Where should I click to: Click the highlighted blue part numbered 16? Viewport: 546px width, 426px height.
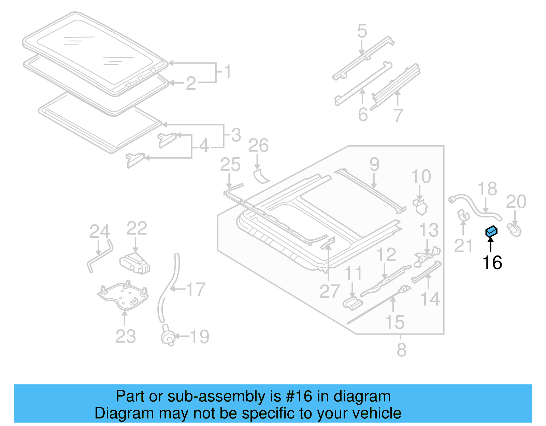491,232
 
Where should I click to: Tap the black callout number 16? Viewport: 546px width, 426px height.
492,263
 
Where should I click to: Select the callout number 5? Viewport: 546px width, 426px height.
362,31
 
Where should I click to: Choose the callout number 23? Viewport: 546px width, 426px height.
126,337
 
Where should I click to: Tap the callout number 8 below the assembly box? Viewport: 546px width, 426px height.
401,350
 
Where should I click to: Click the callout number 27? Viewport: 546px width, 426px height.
329,292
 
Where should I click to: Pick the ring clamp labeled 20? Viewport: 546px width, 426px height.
515,230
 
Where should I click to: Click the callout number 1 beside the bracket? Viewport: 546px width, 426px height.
228,72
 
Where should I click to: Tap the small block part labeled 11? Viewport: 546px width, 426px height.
353,303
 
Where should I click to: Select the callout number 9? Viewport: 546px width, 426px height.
374,164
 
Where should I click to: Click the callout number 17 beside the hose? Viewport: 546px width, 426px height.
196,290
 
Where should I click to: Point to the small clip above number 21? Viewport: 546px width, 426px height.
463,215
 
